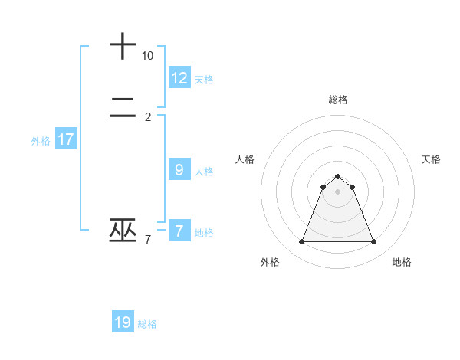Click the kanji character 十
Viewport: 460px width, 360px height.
123,47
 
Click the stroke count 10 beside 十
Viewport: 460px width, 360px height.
147,56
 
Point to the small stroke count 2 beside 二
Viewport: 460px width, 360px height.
148,117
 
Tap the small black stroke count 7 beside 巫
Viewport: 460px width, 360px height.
148,240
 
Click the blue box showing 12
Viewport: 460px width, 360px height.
179,77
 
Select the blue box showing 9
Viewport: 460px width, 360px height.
179,170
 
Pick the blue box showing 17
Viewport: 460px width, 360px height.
66,139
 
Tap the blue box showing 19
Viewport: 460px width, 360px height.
123,322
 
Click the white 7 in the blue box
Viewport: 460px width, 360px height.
179,231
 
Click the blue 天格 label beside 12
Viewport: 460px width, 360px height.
204,80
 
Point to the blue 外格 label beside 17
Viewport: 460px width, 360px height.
41,141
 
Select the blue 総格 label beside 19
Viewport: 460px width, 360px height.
147,324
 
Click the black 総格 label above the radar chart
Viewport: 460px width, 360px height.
337,100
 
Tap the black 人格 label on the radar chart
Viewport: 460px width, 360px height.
245,159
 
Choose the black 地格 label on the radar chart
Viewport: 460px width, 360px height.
402,262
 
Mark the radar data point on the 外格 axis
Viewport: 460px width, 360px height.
301,242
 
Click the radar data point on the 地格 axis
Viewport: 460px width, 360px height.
374,242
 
